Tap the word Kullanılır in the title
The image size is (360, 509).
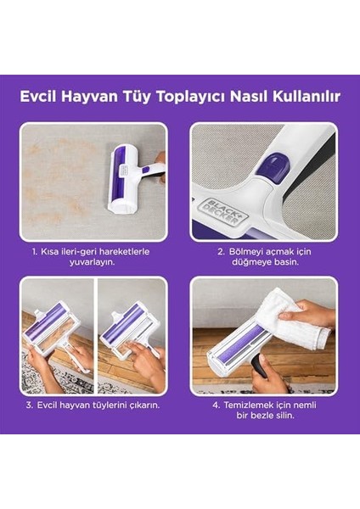(307, 97)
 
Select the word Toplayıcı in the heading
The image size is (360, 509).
(192, 97)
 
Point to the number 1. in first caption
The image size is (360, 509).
(37, 251)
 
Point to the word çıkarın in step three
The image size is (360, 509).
(139, 405)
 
